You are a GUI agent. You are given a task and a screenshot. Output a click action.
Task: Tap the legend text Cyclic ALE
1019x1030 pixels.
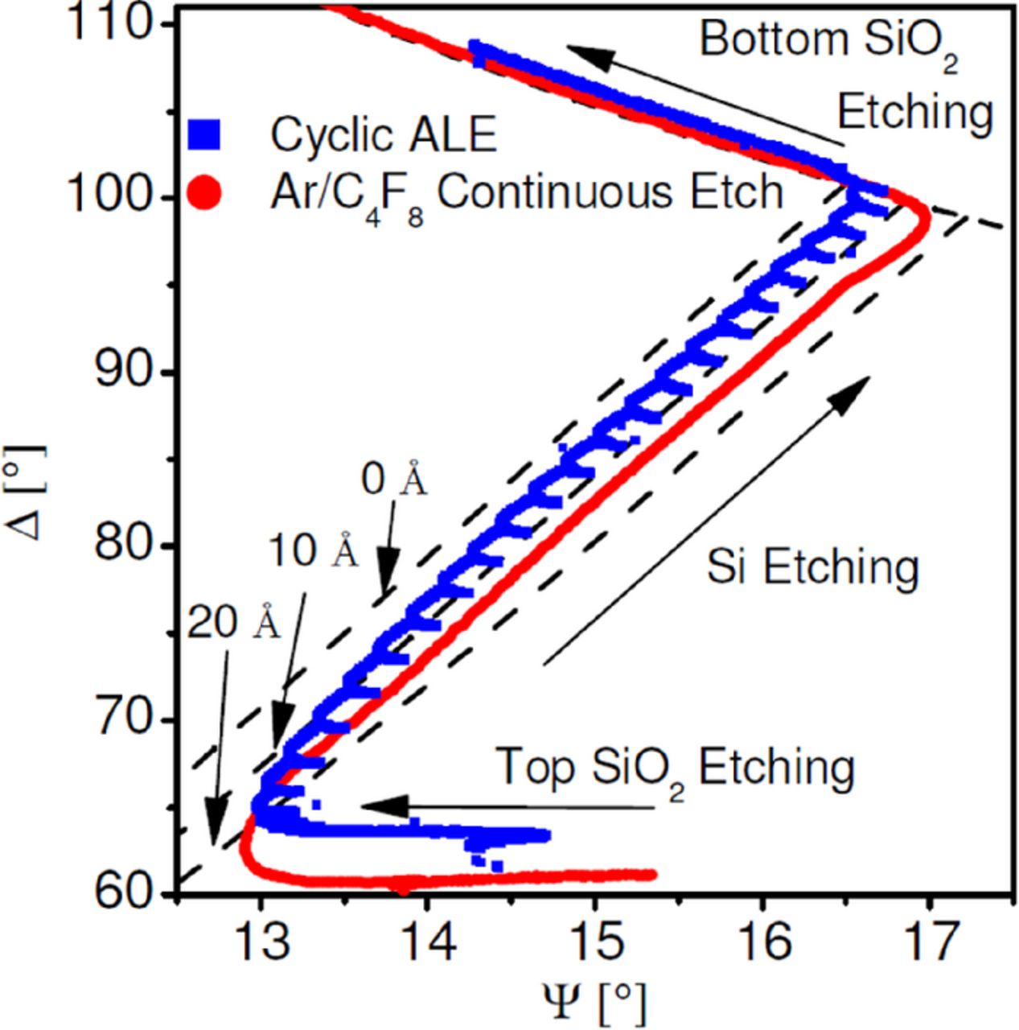tap(384, 134)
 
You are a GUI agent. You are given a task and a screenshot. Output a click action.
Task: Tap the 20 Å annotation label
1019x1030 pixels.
tap(234, 623)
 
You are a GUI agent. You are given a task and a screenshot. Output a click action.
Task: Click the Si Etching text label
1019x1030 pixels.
tap(812, 567)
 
